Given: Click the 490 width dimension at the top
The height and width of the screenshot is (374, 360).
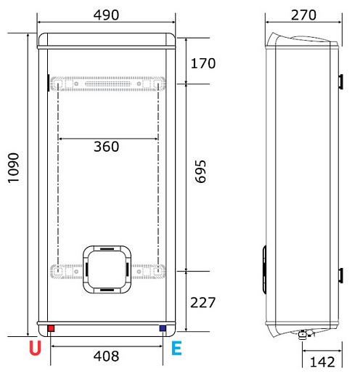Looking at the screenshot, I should click(x=107, y=15).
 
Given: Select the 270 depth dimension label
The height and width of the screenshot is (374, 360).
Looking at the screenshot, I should click(x=303, y=15).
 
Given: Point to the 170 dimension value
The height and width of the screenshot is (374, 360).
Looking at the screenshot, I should click(x=202, y=63).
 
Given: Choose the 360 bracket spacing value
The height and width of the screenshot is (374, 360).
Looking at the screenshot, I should click(x=107, y=147).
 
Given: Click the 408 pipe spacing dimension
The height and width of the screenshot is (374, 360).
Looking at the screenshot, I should click(x=107, y=357).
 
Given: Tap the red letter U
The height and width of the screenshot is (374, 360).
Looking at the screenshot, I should click(x=34, y=349).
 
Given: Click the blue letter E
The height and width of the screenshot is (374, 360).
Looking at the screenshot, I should click(x=176, y=349).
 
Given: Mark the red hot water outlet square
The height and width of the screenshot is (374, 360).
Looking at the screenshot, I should click(x=51, y=329).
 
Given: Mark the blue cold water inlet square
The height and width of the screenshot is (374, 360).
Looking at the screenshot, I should click(x=161, y=329).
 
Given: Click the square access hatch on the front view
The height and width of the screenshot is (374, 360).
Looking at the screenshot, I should click(x=107, y=268).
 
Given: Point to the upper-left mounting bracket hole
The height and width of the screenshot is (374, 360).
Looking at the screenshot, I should click(x=58, y=84).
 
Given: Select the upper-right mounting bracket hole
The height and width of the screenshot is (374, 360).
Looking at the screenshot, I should click(x=157, y=84).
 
